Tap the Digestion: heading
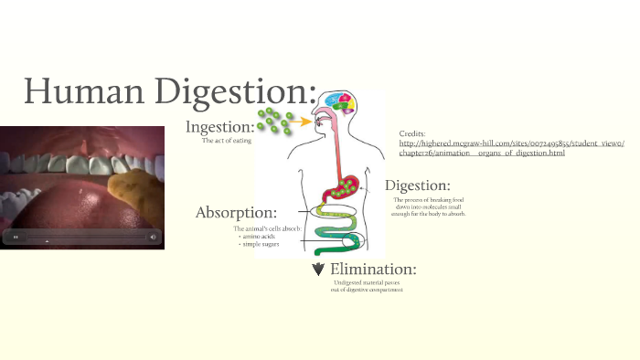tap(417, 185)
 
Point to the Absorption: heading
tap(236, 212)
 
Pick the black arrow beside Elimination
tap(318, 269)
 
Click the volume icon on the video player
tap(153, 238)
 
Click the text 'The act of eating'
tap(226, 141)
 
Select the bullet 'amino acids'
tap(259, 237)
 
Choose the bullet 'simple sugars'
tap(261, 245)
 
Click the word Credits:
tap(412, 133)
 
